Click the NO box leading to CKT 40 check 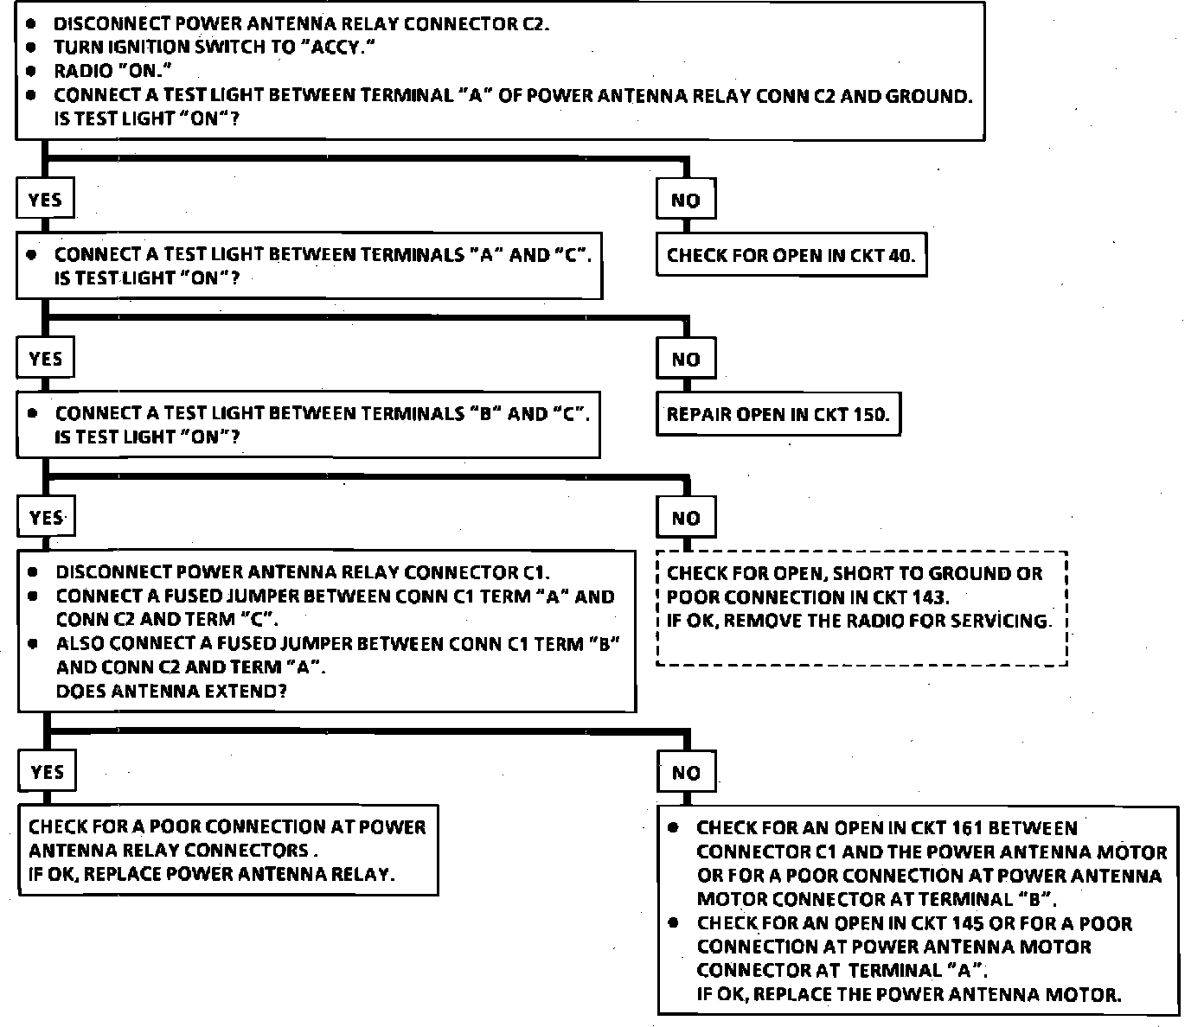click(686, 201)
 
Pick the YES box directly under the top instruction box click(45, 200)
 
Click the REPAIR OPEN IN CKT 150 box click(778, 414)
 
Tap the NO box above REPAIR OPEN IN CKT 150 click(686, 360)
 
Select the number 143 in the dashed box click(929, 597)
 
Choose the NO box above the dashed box click(686, 519)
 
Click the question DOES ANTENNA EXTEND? click(171, 691)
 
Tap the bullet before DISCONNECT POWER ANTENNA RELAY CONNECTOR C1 click(33, 572)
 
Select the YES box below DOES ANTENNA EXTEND click(47, 771)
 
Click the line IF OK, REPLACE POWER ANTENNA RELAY click(211, 874)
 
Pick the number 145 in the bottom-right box click(966, 923)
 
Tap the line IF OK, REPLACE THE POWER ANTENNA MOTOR click(909, 994)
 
